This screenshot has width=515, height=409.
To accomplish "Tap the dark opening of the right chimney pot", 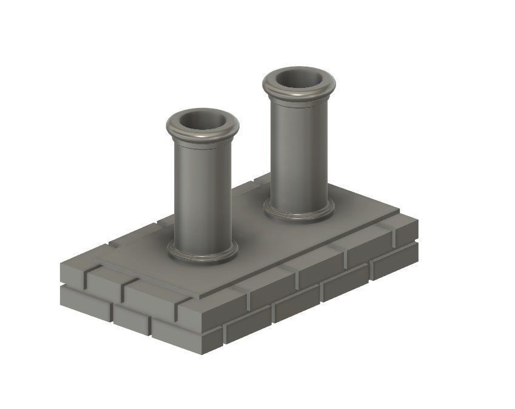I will [298, 79].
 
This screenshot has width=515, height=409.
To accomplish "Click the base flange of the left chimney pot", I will [202, 255].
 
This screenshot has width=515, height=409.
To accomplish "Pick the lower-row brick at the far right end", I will [394, 260].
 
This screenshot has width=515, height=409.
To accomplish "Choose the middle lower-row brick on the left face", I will [131, 319].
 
